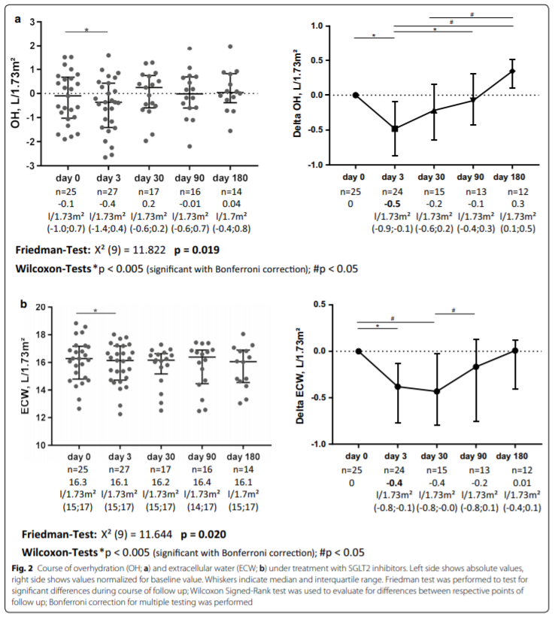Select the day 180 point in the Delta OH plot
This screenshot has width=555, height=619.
(512, 71)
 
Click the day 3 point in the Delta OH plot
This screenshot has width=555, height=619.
(395, 129)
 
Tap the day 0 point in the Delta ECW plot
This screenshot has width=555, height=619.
(359, 350)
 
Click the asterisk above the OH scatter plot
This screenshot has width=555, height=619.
(87, 31)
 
